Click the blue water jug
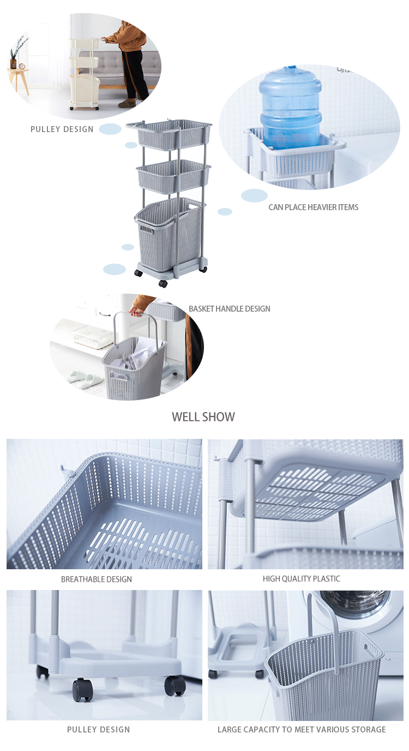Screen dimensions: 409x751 (x=290, y=108)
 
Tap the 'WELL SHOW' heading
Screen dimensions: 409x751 (x=203, y=417)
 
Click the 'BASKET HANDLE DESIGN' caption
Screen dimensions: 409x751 (x=230, y=309)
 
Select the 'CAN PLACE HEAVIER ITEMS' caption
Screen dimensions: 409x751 (x=313, y=207)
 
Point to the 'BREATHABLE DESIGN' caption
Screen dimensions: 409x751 (x=97, y=579)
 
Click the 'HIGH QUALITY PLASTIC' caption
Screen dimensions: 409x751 (x=301, y=579)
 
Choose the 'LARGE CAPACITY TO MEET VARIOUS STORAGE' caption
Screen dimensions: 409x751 (x=302, y=729)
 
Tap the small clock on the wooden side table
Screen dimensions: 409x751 (x=21, y=66)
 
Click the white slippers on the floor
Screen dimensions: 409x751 (x=83, y=378)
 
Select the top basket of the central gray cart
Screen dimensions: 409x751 (x=174, y=135)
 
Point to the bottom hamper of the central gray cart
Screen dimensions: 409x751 (x=169, y=233)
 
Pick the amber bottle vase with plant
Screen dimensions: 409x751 (x=14, y=62)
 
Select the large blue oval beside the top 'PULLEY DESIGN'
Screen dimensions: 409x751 (x=110, y=129)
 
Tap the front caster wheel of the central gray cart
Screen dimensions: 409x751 (x=163, y=283)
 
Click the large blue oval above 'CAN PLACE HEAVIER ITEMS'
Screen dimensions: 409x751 (x=254, y=195)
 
